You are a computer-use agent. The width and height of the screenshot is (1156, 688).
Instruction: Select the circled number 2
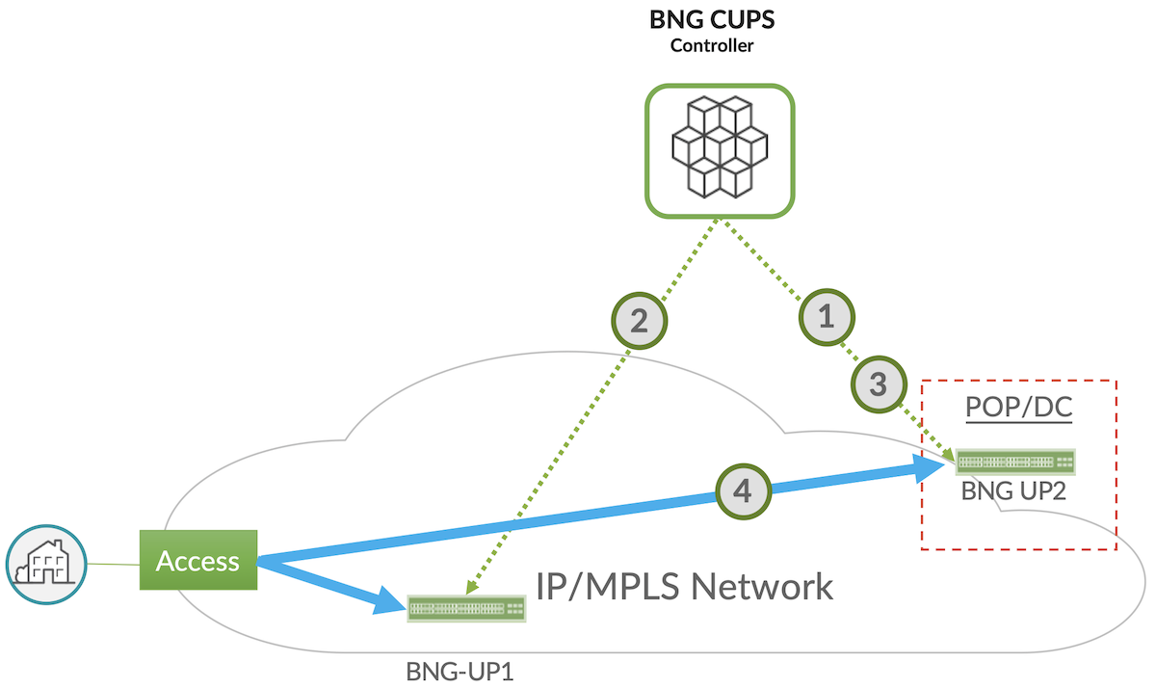pos(638,321)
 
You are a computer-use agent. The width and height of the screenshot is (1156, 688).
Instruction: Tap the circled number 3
pos(878,384)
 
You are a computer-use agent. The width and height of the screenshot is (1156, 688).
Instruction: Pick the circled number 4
pos(742,491)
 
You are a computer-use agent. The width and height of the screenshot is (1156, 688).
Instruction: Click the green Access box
pos(198,560)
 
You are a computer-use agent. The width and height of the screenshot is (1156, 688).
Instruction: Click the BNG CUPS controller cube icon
pos(719,149)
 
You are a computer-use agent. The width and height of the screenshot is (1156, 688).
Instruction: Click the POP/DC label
pos(1018,409)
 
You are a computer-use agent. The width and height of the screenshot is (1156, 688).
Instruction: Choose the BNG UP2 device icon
pos(1015,463)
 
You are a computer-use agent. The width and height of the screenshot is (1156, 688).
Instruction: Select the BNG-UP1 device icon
pos(467,608)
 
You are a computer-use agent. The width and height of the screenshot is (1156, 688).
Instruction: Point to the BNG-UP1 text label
pos(460,670)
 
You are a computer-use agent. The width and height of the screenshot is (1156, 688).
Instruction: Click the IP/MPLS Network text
pos(684,585)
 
